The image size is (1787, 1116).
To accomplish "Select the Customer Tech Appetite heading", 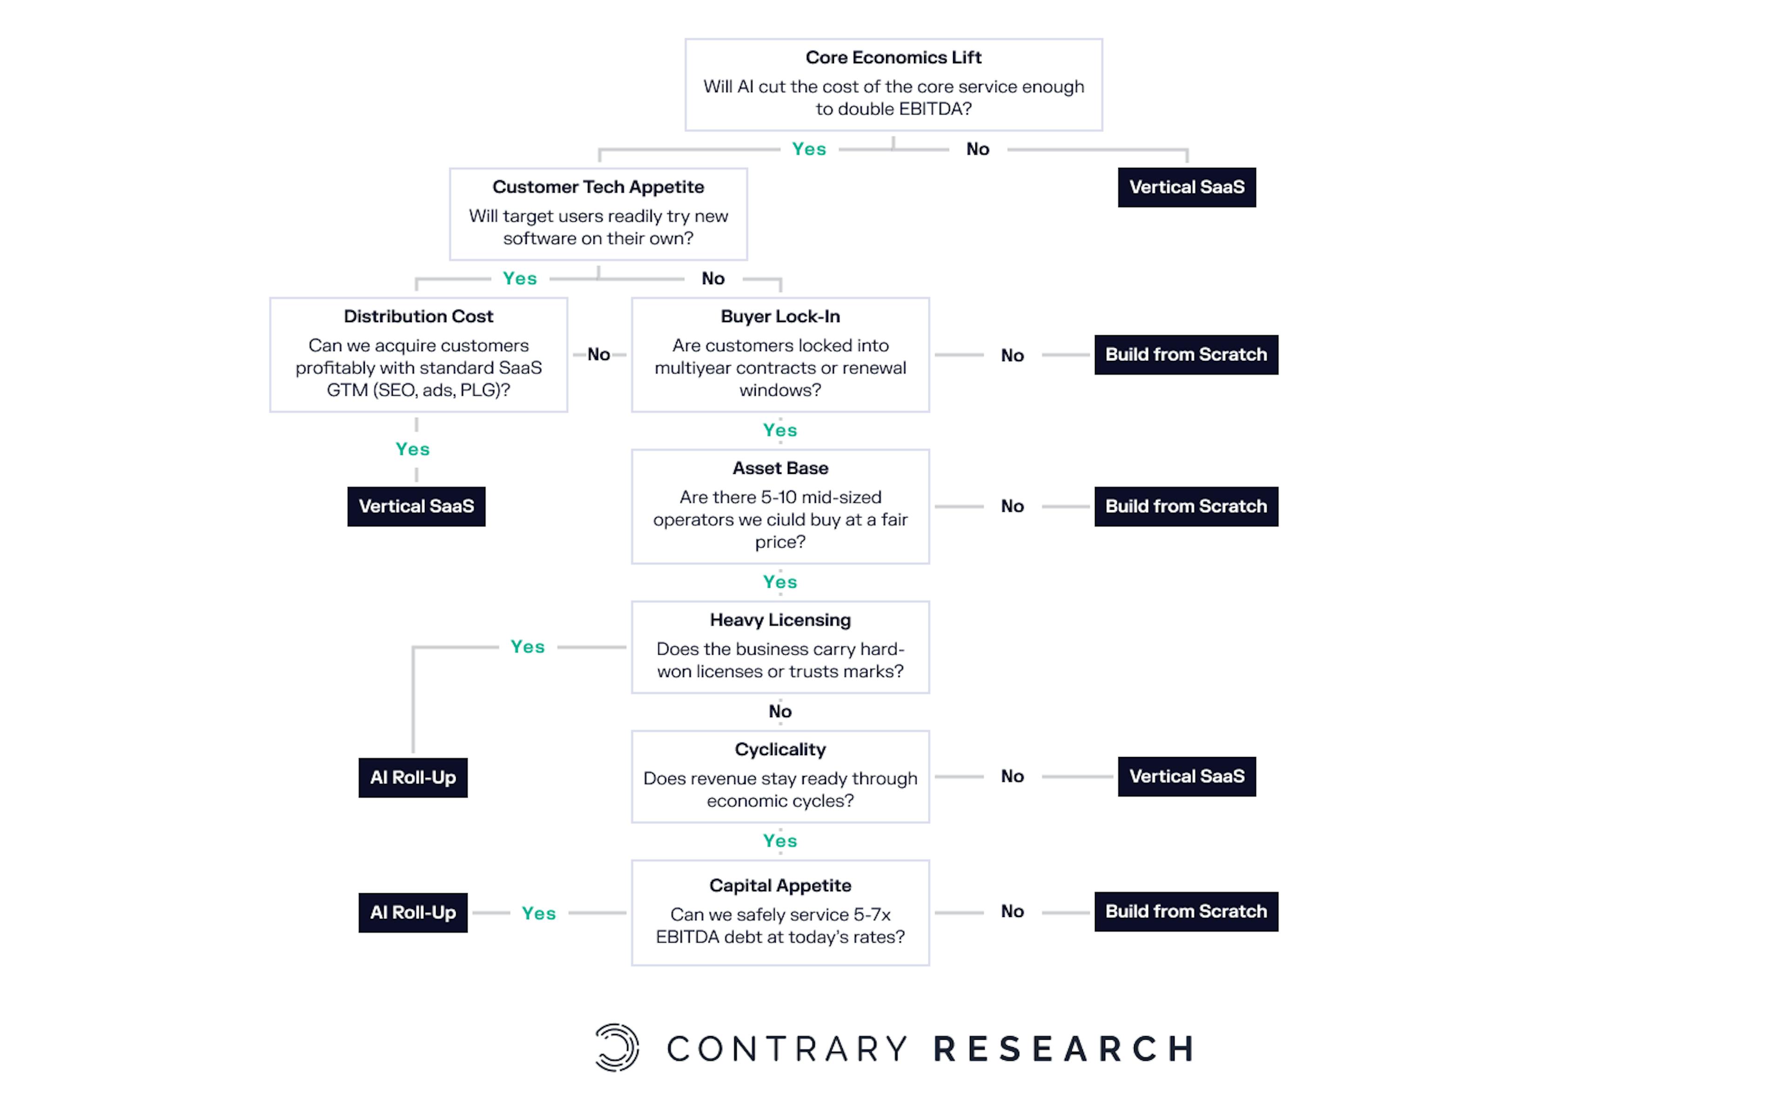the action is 598,187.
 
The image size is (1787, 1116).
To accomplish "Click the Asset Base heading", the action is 780,468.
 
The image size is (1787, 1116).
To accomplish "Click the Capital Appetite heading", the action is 780,886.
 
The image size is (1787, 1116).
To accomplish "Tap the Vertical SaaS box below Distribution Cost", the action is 417,506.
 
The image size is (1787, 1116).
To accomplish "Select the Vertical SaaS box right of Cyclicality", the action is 1187,777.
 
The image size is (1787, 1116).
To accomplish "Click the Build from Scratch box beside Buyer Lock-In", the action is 1186,355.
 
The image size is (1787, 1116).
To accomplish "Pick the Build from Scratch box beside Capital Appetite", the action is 1186,911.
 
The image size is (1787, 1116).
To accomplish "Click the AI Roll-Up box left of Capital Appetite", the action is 413,913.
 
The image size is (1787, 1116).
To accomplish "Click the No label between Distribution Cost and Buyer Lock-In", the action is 599,355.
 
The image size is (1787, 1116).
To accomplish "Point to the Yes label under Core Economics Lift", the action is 809,149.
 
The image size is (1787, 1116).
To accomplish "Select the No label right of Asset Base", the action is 1012,506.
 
